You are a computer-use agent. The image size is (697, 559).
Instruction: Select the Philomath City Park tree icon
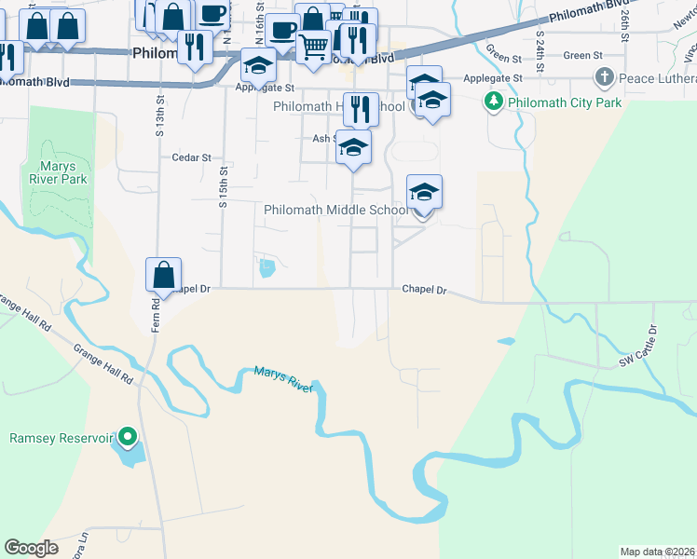point(492,102)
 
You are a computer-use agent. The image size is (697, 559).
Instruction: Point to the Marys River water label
point(285,377)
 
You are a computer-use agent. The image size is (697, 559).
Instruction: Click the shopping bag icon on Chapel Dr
point(163,275)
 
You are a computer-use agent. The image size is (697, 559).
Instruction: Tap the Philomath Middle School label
point(335,210)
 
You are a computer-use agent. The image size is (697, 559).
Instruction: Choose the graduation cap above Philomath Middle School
point(424,192)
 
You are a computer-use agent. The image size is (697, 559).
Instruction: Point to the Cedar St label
point(192,157)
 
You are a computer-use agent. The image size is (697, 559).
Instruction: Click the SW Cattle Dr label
point(639,345)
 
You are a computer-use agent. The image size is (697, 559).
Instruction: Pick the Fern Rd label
point(157,314)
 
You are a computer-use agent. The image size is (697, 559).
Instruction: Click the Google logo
point(31,547)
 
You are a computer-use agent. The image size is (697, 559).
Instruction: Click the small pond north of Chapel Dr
point(267,269)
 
